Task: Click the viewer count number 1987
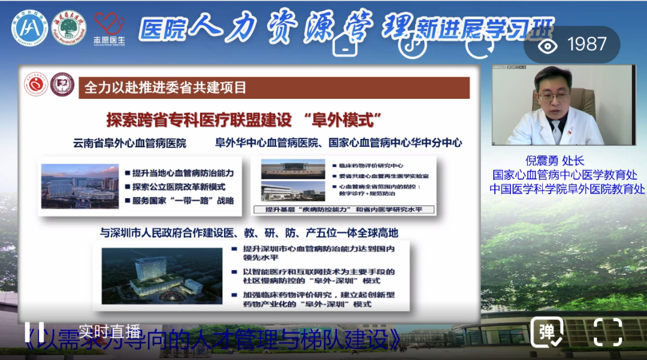coord(587,44)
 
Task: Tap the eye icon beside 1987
coord(546,45)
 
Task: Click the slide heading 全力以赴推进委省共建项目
coord(165,87)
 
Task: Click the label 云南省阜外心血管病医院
coord(129,144)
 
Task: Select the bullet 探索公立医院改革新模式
coord(183,186)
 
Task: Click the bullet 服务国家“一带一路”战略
coord(183,200)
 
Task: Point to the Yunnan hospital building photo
coord(80,186)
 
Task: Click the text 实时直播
coord(109,330)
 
